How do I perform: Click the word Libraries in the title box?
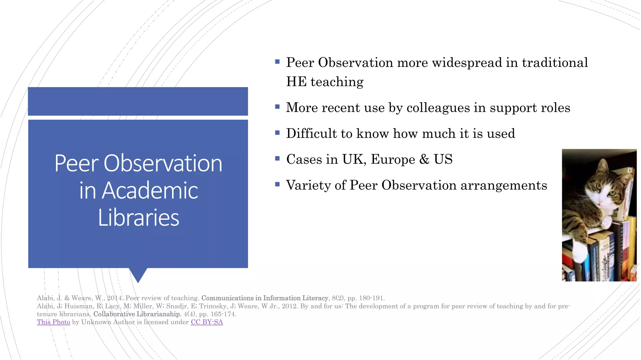click(x=138, y=217)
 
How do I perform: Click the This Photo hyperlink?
click(x=53, y=322)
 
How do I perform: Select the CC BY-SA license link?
click(x=207, y=322)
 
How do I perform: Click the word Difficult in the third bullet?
click(x=311, y=134)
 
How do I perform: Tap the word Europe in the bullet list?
click(x=393, y=159)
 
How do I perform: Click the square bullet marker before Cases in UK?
click(x=277, y=158)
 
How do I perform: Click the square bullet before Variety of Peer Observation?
click(x=277, y=184)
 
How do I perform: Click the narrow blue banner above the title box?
click(x=138, y=101)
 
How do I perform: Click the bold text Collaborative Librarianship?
click(x=136, y=314)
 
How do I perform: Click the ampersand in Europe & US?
click(x=424, y=159)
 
